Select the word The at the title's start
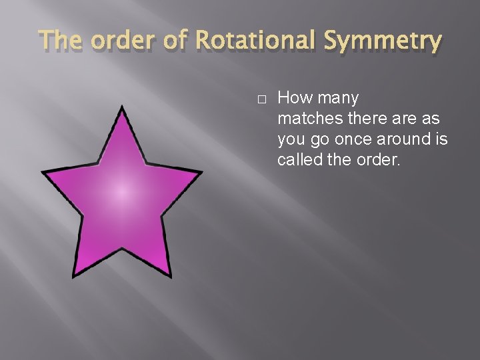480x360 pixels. pyautogui.click(x=62, y=41)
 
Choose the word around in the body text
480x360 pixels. pyautogui.click(x=401, y=140)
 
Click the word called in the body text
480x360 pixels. pyautogui.click(x=298, y=161)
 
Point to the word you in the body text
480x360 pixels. pyautogui.click(x=291, y=141)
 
